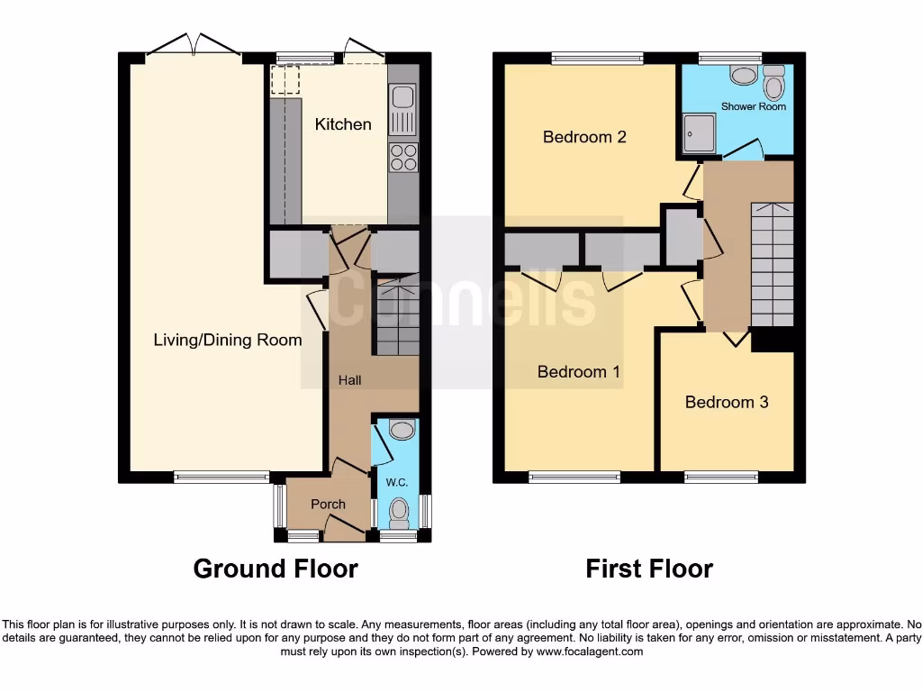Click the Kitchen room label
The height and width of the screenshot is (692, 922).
point(342,124)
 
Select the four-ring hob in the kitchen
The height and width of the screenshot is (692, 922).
point(403,158)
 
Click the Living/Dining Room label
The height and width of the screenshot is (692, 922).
point(227,340)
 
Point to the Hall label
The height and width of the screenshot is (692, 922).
point(349,380)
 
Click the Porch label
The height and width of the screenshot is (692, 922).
point(328,504)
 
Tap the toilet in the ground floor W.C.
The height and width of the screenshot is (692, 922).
point(398,514)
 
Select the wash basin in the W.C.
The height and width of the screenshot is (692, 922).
point(402,431)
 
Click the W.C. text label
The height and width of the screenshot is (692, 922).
point(397,483)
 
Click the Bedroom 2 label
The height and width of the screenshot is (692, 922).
point(584,137)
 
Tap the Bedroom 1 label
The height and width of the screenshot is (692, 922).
point(579,371)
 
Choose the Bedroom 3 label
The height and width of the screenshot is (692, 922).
point(727,402)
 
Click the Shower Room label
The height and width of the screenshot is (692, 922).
point(754,106)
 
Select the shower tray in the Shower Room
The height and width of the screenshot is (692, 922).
point(697,133)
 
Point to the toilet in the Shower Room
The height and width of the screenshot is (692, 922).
point(773,86)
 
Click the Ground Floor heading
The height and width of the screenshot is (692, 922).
point(276,569)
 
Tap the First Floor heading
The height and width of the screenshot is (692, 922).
point(649,569)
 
